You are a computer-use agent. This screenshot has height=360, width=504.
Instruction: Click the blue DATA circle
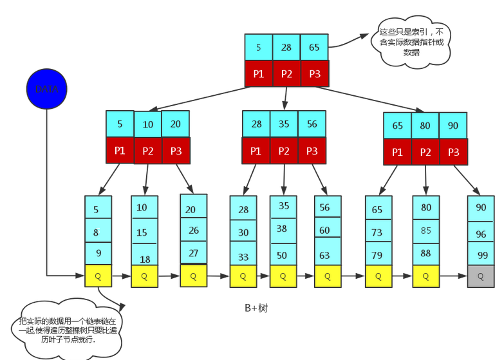point(46,89)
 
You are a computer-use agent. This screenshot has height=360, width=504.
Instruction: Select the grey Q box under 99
point(481,276)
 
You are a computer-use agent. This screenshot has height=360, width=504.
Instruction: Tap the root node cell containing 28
point(286,47)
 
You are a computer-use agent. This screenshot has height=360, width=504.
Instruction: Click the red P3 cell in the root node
point(315,73)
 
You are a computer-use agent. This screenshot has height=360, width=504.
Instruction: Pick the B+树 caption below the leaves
point(256,308)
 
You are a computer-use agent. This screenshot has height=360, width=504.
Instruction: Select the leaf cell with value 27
point(193,252)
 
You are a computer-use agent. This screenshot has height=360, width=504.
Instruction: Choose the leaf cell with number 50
point(283,255)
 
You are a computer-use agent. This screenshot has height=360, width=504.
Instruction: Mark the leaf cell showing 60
point(328,230)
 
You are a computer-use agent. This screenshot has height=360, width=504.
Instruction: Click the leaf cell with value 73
point(378,232)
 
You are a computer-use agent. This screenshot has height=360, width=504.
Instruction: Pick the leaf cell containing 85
point(426,230)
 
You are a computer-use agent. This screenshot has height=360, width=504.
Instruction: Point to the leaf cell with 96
point(481,234)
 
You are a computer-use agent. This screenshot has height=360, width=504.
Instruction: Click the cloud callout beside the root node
point(412,42)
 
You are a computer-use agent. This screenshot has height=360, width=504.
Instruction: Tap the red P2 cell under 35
point(284,151)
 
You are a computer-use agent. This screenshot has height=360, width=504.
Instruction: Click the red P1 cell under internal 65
point(397,152)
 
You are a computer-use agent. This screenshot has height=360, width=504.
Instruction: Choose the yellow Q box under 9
point(98,276)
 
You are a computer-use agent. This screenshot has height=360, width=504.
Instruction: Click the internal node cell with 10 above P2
point(148,124)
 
